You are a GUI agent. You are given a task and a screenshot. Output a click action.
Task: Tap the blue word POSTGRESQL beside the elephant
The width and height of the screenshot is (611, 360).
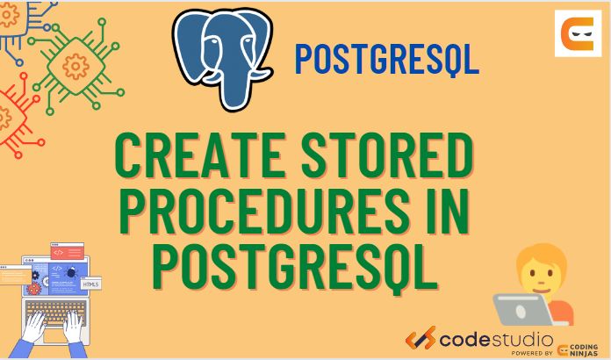point(386,59)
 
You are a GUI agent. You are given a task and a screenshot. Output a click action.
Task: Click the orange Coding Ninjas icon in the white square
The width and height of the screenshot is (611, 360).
point(578,35)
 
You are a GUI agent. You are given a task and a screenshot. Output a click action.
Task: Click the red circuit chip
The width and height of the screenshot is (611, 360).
point(11,114)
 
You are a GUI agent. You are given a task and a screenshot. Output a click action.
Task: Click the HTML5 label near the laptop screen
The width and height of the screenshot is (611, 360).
point(90,284)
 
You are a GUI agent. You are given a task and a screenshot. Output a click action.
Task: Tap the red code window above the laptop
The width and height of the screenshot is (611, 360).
point(67,250)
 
